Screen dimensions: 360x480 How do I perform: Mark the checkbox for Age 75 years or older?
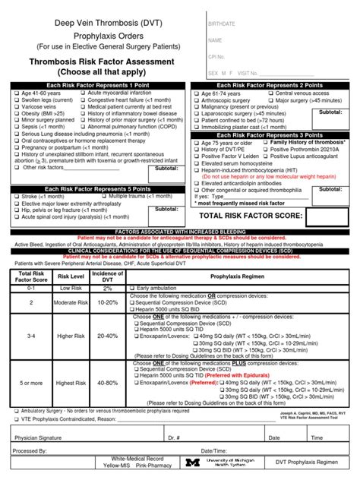coord(196,143)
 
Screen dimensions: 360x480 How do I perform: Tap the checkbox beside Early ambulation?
coord(133,289)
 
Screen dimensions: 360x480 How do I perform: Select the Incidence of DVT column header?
coord(107,276)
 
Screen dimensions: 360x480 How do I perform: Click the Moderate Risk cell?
coord(71,302)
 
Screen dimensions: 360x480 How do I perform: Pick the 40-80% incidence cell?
coord(107,384)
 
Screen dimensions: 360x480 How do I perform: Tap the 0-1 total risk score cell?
coord(31,289)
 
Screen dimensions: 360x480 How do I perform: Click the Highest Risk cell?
coord(71,384)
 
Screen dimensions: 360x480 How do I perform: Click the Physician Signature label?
coord(39,438)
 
